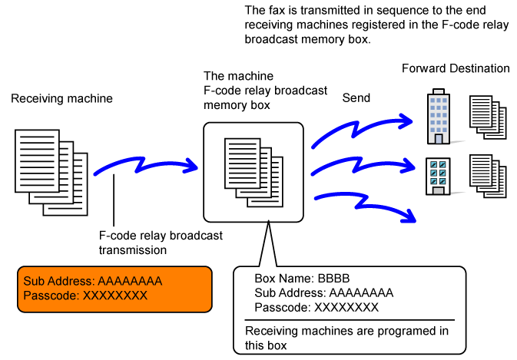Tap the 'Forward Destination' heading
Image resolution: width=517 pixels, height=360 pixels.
tap(456, 68)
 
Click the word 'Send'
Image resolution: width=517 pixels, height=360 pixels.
tap(356, 98)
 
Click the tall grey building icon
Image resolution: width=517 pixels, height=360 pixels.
tap(438, 117)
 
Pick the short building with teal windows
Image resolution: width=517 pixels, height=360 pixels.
tap(438, 175)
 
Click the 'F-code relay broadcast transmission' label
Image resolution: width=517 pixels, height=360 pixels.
tap(161, 243)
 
